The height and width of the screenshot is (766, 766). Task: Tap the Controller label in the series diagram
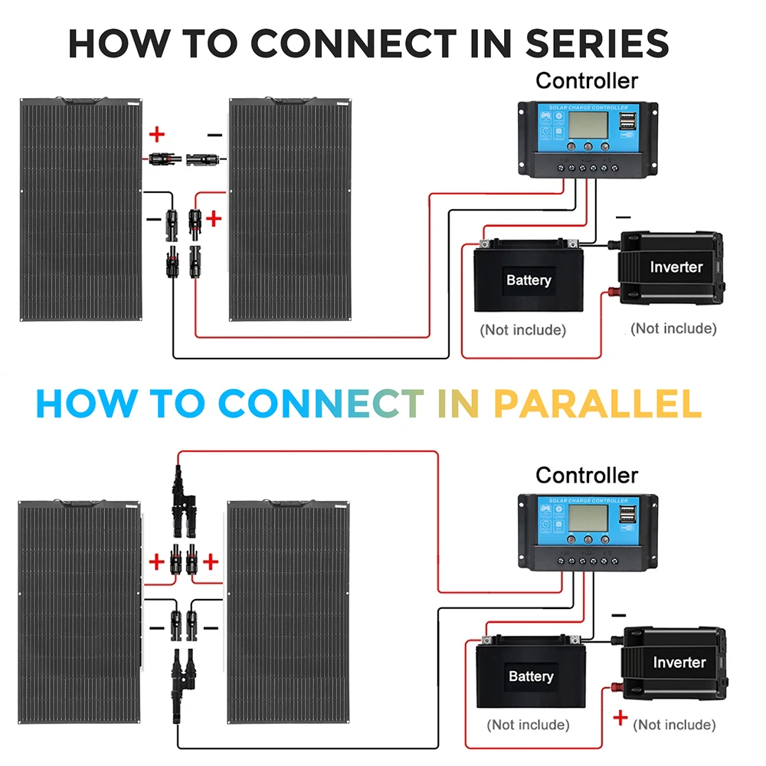pos(586,80)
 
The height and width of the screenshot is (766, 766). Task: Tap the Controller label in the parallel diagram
pos(586,475)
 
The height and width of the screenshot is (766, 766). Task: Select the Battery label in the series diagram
pos(528,280)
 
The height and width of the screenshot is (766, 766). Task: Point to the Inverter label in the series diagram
pos(676,267)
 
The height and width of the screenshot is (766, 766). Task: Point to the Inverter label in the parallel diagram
pos(679,662)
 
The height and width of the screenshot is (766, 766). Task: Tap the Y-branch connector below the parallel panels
pos(183,670)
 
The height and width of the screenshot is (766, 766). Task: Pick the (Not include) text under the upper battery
pos(522,330)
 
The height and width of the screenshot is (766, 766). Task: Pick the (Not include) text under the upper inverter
pos(673,329)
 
